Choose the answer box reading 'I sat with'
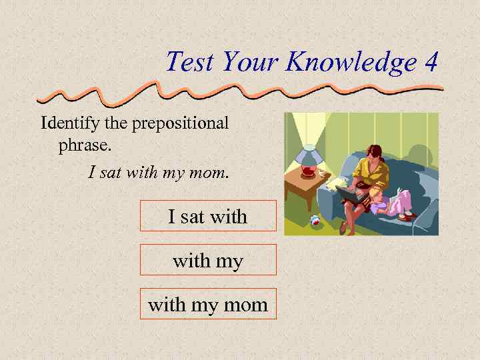(x=208, y=216)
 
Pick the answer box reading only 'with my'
(x=208, y=260)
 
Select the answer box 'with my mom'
(x=208, y=304)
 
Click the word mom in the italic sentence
(x=213, y=173)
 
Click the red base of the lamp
(x=308, y=172)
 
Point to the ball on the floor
(x=315, y=220)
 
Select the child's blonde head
(x=376, y=194)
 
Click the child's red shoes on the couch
(x=407, y=215)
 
